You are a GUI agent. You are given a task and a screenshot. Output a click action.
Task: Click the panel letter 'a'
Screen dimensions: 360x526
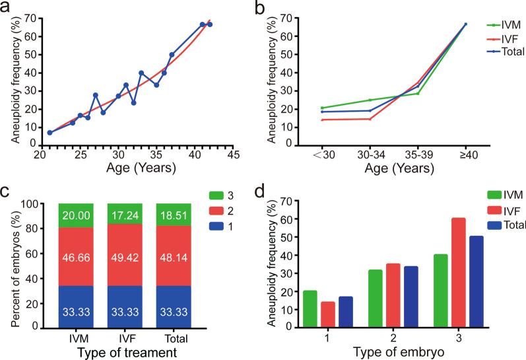[5, 7]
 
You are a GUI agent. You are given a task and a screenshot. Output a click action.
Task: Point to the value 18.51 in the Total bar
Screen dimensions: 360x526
[172, 215]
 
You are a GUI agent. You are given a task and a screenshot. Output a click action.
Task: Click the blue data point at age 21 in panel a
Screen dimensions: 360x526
[49, 133]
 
